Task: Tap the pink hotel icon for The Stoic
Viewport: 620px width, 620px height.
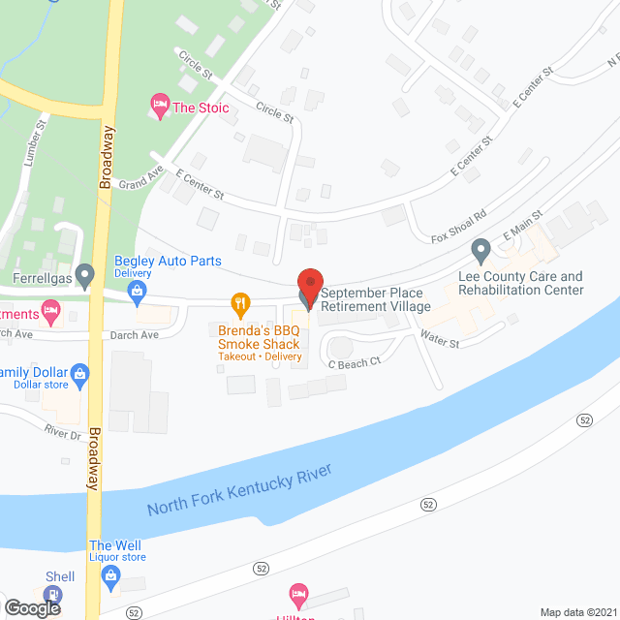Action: [159, 106]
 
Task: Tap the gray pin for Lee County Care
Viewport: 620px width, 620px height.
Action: [480, 253]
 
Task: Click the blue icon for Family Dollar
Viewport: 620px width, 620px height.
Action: [80, 373]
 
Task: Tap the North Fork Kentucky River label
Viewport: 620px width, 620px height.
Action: [239, 490]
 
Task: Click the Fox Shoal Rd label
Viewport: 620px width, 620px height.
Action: [459, 228]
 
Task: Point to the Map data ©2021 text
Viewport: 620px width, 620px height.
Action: [577, 612]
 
